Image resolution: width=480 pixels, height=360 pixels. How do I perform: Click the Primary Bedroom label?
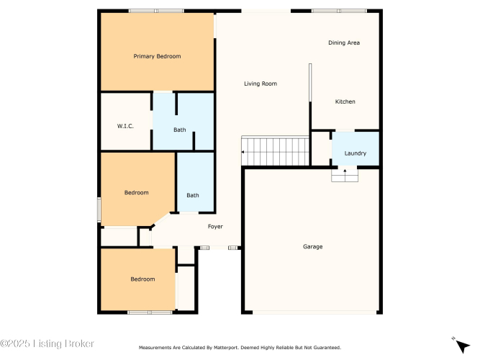click(x=157, y=56)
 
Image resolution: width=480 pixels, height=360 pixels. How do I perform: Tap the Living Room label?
click(x=261, y=84)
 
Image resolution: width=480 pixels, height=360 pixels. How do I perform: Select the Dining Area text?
click(x=344, y=42)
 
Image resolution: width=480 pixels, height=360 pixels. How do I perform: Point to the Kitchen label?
click(x=345, y=102)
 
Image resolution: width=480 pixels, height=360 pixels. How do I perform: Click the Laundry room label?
click(x=356, y=153)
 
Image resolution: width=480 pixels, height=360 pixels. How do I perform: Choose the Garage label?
click(x=313, y=247)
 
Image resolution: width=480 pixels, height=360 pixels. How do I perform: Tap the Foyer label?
click(x=215, y=226)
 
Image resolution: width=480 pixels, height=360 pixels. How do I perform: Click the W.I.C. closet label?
click(x=125, y=126)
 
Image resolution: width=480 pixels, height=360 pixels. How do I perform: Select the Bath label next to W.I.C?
click(x=180, y=130)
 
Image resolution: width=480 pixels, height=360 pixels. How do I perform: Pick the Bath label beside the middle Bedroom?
click(x=193, y=195)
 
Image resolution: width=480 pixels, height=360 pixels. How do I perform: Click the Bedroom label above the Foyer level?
click(x=137, y=192)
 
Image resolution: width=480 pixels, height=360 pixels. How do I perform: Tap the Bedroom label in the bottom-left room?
click(x=142, y=279)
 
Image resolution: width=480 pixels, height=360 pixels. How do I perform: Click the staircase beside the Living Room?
click(x=275, y=151)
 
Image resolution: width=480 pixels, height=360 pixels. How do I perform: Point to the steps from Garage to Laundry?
click(x=345, y=175)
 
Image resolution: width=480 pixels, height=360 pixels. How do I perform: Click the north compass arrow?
click(x=462, y=346)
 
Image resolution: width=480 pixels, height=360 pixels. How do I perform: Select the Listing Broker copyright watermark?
click(x=47, y=343)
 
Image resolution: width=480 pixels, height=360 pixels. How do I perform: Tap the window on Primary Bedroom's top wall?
click(x=156, y=11)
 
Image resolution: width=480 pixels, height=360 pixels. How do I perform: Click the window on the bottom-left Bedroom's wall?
click(x=150, y=312)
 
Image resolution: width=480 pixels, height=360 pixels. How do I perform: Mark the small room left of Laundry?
click(x=320, y=149)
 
